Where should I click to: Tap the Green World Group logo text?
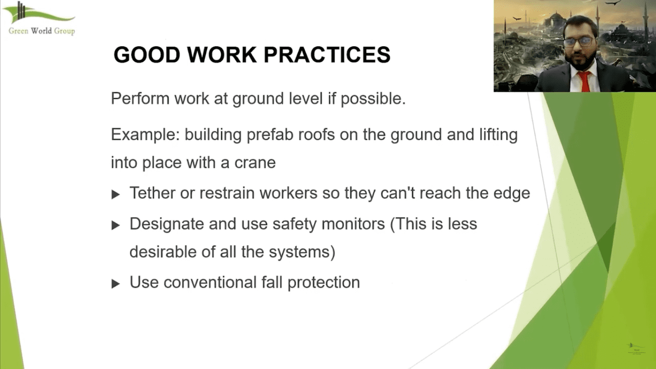coord(42,31)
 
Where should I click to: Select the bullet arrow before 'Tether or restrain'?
coord(116,195)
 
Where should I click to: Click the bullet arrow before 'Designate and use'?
coord(116,225)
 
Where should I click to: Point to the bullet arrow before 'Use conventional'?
coord(116,283)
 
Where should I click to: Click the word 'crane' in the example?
coord(255,163)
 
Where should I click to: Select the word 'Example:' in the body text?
coord(145,135)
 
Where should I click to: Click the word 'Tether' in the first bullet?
coord(152,193)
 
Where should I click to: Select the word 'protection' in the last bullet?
coord(323,282)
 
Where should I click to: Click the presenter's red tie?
coord(585,81)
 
